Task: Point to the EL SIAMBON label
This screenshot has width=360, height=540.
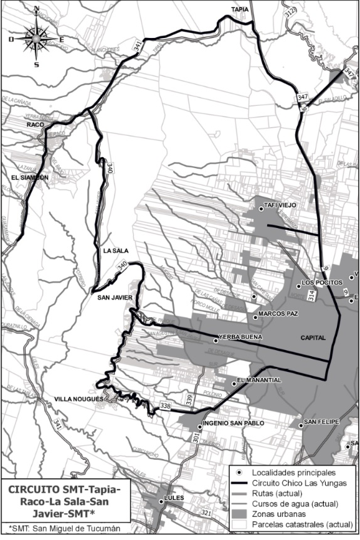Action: click(x=30, y=178)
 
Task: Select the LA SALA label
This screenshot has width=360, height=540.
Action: click(x=115, y=250)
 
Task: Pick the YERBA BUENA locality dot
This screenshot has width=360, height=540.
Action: click(x=216, y=341)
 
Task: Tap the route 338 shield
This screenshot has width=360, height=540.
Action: click(x=165, y=406)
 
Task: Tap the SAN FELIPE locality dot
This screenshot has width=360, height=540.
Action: click(x=301, y=425)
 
